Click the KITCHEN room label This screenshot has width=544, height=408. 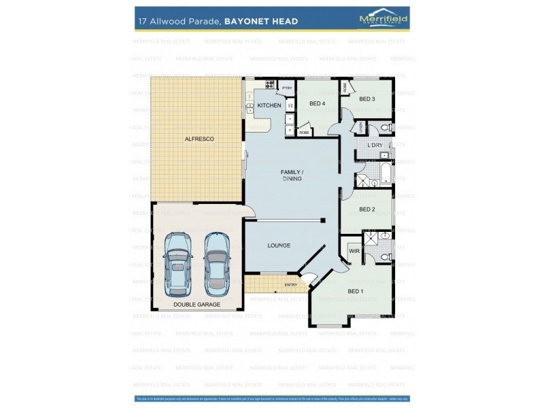click(269, 105)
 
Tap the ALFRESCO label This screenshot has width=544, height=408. click(199, 139)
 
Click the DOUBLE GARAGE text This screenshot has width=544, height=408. click(197, 304)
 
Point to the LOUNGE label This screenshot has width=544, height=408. click(279, 245)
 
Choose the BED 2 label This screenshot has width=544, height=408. click(367, 209)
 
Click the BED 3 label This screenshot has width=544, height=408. click(367, 99)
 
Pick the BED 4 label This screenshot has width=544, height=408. click(317, 103)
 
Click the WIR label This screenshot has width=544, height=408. click(354, 251)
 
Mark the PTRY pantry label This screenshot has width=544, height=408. click(287, 88)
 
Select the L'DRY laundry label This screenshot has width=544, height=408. click(375, 146)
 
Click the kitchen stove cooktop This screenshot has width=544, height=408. click(260, 86)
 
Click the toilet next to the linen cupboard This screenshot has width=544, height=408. click(384, 127)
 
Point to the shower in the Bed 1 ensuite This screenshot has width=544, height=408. click(372, 237)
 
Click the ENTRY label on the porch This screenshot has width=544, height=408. click(291, 284)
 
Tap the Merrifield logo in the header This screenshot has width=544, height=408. click(384, 20)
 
